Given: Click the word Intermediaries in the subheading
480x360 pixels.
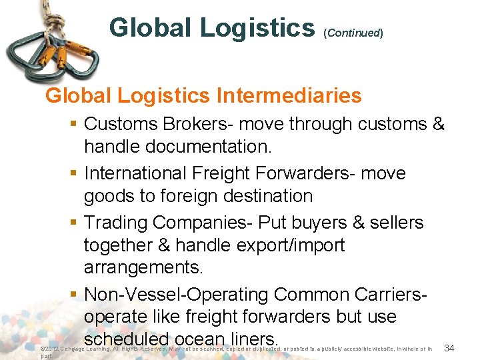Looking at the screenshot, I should point(289,96).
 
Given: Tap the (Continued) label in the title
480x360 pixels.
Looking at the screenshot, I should point(354,33).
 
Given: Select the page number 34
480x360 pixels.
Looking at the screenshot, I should point(449,348).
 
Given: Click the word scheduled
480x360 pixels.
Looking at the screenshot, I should point(126,340).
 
